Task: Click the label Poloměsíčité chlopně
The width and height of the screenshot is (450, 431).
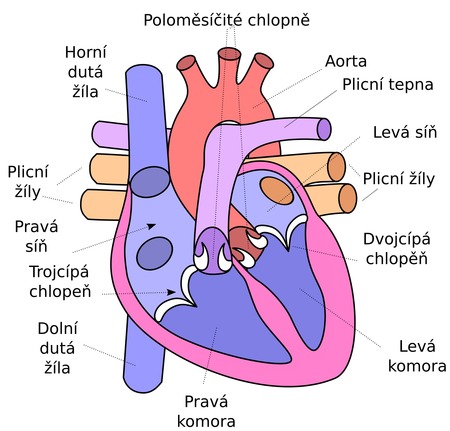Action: pos(226,20)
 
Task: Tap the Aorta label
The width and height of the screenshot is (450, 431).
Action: pos(346,61)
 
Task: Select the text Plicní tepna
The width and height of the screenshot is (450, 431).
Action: pos(388,85)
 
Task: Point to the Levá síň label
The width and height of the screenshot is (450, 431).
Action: pos(405,132)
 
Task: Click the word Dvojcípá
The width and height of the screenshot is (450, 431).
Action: pos(397,240)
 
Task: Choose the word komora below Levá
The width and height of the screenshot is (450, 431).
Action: pos(417,366)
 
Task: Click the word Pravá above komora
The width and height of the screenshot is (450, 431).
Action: pos(206,401)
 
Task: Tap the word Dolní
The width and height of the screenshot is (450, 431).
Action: pos(57,329)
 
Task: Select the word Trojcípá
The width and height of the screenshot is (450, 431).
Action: pos(59,272)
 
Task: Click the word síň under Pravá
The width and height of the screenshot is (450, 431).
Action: pos(36,246)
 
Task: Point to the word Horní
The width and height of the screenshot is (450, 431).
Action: pos(86,52)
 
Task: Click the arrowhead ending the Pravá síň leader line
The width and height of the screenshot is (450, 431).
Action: pos(152,226)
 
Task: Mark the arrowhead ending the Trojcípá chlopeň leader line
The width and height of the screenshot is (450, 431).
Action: pos(171,292)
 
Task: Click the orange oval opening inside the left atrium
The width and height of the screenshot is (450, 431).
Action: pos(276,191)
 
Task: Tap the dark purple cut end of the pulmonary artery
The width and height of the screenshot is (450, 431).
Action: pos(324,129)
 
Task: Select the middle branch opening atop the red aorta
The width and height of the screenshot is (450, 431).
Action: pos(229,54)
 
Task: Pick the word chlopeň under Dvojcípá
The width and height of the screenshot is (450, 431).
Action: pos(397,259)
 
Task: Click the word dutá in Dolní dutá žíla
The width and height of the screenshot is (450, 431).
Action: pos(57,348)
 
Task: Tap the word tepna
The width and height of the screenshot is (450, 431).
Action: pos(412,85)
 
